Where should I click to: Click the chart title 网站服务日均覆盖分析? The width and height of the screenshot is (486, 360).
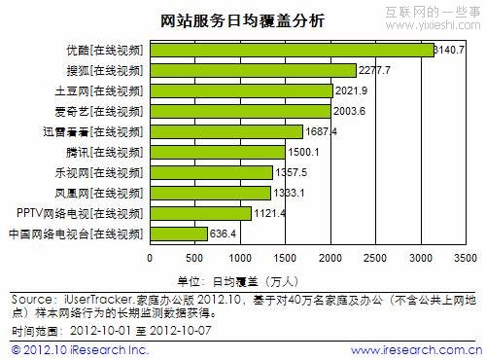pyautogui.click(x=242, y=20)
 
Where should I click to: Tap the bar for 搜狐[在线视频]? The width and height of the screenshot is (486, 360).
pyautogui.click(x=253, y=70)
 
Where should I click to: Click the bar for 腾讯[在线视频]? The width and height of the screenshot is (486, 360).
pyautogui.click(x=217, y=152)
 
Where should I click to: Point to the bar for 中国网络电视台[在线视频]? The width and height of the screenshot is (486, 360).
pyautogui.click(x=178, y=234)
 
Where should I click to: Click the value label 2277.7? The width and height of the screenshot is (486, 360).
pyautogui.click(x=375, y=70)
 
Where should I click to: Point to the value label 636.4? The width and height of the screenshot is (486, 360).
pyautogui.click(x=225, y=234)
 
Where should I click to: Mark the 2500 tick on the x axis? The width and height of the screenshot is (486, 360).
pyautogui.click(x=375, y=258)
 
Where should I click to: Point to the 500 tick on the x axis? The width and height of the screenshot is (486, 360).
pyautogui.click(x=194, y=258)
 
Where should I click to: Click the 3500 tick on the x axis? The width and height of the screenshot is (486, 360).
pyautogui.click(x=465, y=258)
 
